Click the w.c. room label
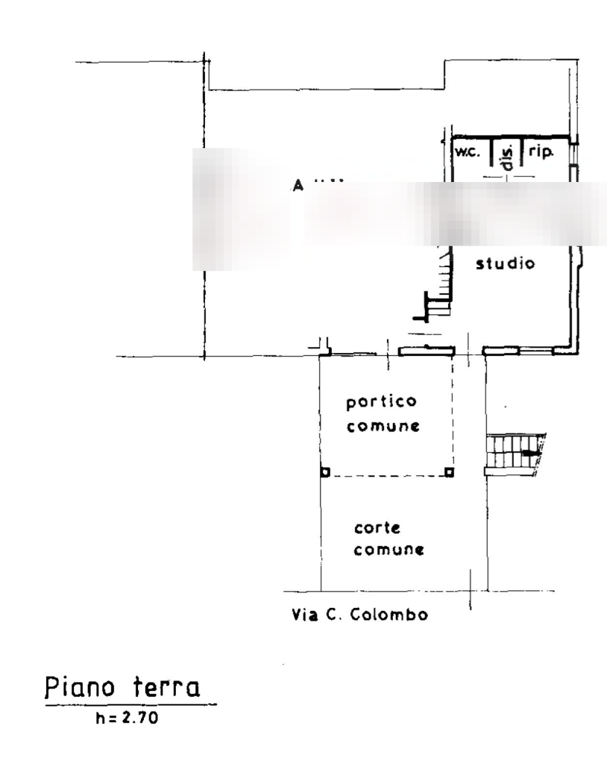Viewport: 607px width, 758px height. click(x=467, y=151)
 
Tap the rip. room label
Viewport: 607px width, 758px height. click(x=542, y=151)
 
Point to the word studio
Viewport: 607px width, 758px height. click(x=506, y=263)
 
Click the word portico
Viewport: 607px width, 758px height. click(x=380, y=403)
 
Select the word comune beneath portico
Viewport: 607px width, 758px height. click(x=383, y=427)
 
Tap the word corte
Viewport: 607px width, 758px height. click(x=377, y=528)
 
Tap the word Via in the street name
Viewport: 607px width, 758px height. click(x=300, y=616)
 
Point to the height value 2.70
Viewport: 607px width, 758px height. click(x=137, y=718)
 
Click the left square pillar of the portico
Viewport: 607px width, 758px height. click(x=325, y=472)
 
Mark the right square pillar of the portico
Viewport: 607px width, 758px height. click(x=447, y=472)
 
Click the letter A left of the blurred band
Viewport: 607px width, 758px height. click(x=298, y=184)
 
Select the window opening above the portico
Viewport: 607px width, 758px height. click(x=425, y=350)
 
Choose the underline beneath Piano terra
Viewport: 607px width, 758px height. click(x=132, y=704)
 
